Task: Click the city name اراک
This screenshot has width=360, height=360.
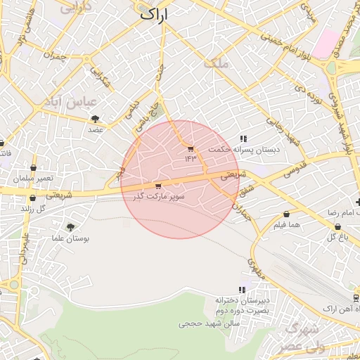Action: [156, 14]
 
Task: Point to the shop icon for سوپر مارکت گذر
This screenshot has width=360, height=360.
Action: [157, 186]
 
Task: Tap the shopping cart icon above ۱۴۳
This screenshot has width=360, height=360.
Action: [190, 148]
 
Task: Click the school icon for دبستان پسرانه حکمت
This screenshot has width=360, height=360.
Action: [243, 139]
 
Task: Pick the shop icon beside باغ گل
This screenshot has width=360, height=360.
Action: [338, 226]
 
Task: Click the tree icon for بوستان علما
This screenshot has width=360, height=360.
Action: [70, 226]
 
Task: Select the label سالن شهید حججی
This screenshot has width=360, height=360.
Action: [210, 324]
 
